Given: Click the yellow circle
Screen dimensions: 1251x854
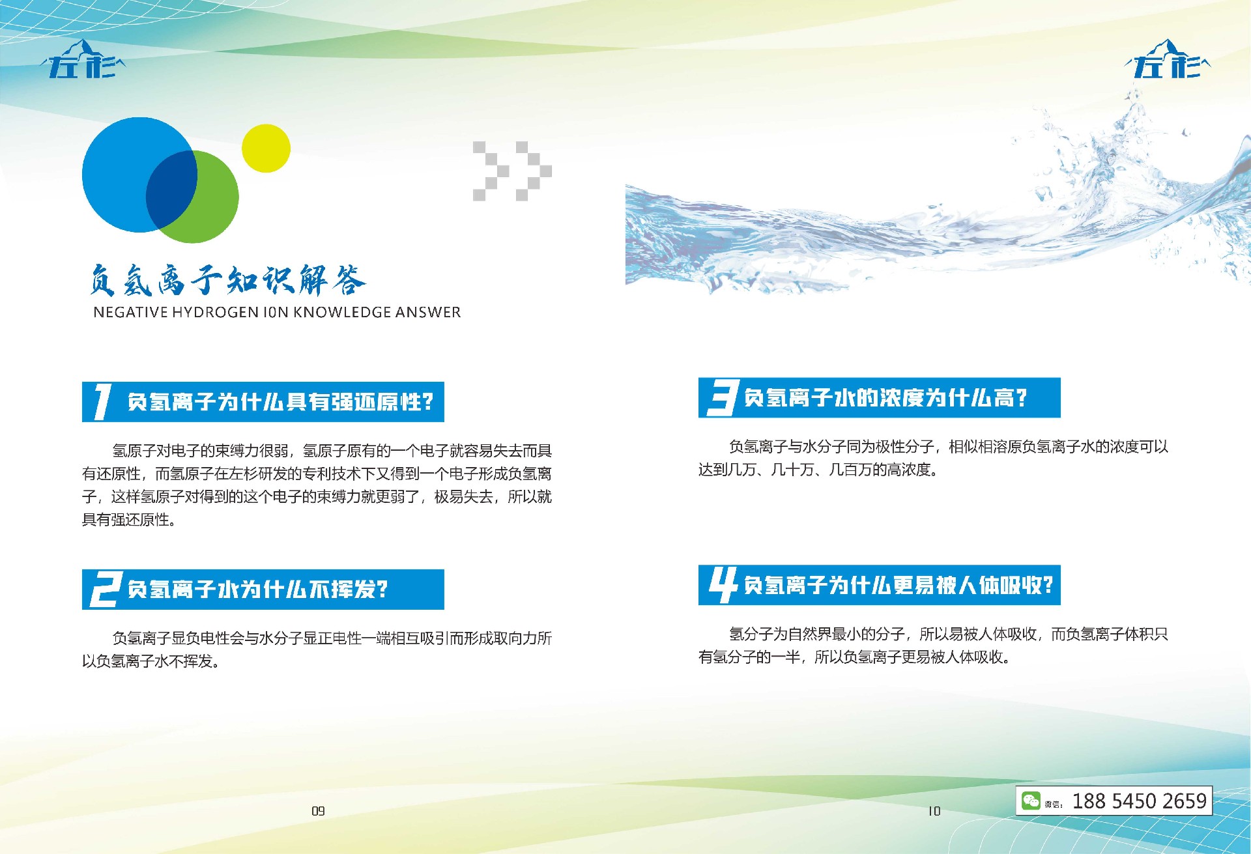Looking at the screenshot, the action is tap(266, 149).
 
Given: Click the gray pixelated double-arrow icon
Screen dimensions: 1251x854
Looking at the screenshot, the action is tap(512, 171).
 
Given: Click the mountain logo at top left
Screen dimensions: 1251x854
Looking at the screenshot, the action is tap(83, 59).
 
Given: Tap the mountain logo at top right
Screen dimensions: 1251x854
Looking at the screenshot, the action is tap(1167, 59).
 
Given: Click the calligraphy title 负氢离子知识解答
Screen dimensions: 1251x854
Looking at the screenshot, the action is tap(227, 280).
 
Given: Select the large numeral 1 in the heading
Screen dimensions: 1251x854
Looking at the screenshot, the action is tap(102, 401).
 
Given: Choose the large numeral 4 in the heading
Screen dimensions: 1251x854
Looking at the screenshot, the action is tap(723, 585).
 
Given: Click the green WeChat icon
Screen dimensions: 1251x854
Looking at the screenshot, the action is tap(1031, 801).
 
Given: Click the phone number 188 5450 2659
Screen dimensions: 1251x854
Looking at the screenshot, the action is tap(1140, 801).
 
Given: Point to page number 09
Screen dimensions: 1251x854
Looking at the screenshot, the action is tap(318, 811).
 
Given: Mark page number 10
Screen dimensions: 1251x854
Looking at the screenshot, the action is tap(934, 811).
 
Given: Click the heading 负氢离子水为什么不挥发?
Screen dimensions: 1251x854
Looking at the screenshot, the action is tap(258, 590).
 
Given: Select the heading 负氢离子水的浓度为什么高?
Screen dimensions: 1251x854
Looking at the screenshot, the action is tap(885, 398).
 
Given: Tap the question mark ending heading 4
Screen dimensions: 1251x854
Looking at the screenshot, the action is tap(1047, 585).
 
